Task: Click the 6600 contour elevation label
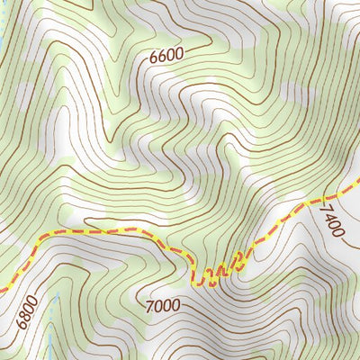[x=166, y=54]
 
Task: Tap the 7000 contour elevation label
[x=163, y=306]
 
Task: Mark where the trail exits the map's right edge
[x=358, y=190]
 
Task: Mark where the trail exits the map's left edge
[x=2, y=290]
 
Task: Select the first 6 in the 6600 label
[x=154, y=54]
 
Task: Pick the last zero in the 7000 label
[x=176, y=306]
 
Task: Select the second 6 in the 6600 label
[x=162, y=54]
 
